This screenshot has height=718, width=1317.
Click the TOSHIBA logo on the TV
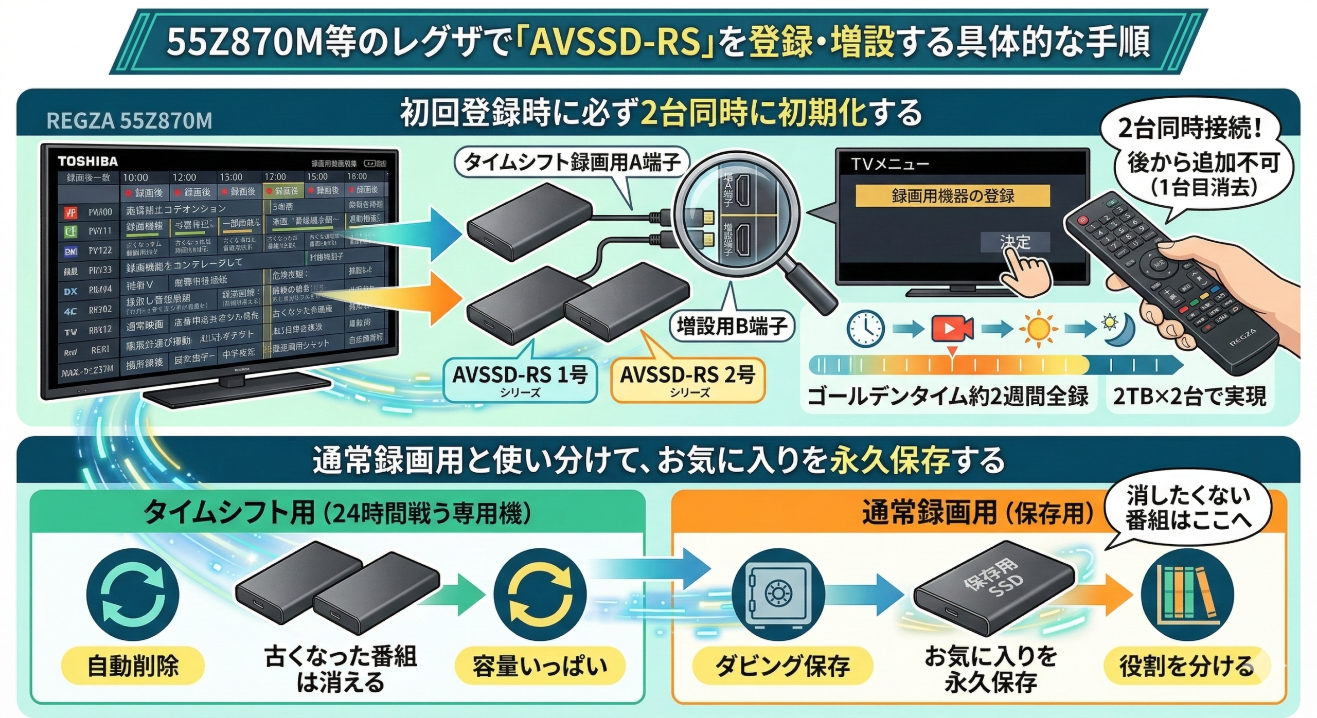(87, 161)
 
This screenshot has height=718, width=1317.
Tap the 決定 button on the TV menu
(1015, 242)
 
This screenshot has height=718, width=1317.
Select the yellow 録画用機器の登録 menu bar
(952, 196)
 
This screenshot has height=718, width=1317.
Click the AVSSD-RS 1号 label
(520, 380)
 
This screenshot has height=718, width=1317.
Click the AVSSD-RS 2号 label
(687, 380)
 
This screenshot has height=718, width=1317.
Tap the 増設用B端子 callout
(732, 326)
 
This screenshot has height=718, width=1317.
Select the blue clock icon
(866, 328)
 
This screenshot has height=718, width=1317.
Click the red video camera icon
(952, 328)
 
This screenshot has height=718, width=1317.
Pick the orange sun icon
(1038, 328)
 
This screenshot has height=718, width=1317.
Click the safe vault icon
(778, 595)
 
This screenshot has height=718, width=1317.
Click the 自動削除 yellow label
(133, 666)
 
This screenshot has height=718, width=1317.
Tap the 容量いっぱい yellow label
(540, 666)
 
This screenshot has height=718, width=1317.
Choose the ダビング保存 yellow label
(782, 666)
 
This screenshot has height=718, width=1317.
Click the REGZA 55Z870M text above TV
(129, 121)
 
